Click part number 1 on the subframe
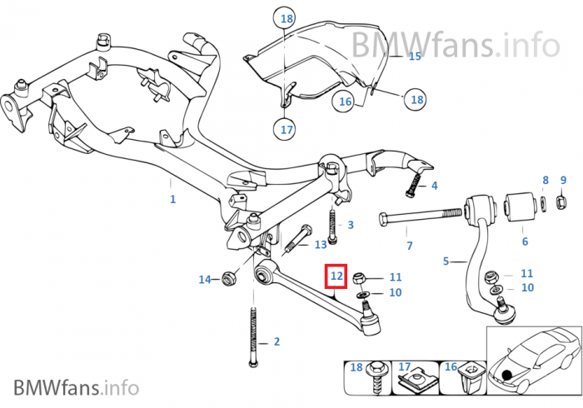[x=172, y=199]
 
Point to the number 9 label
[x=563, y=180]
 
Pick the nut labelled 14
[x=228, y=280]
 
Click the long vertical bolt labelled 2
[x=252, y=341]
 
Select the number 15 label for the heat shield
[x=415, y=57]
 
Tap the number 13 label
[x=321, y=245]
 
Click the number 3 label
[x=351, y=225]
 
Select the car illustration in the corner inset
[x=532, y=356]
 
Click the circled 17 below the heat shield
[x=287, y=130]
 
